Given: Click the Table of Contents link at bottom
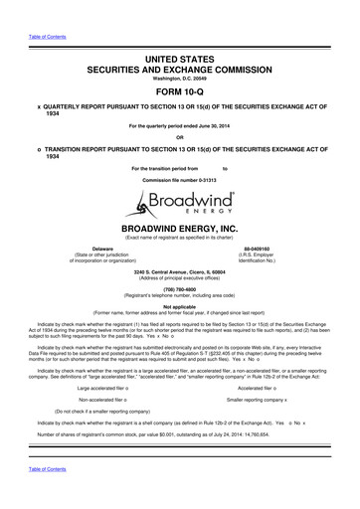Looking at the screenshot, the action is coord(41,493).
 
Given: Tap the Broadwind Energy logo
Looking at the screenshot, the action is coord(180,208).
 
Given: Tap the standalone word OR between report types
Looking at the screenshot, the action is coord(180,137).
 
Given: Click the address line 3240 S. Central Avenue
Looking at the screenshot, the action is coord(180,269).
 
